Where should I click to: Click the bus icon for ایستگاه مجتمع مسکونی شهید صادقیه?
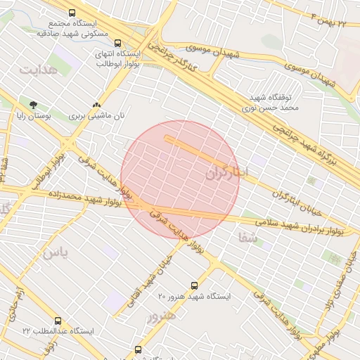click(72, 13)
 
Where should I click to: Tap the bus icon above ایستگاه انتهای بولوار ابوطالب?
click(117, 41)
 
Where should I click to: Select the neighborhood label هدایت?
click(37, 71)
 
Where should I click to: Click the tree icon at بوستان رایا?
click(34, 104)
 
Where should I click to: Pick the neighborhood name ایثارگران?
click(226, 173)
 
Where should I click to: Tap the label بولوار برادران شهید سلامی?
click(303, 226)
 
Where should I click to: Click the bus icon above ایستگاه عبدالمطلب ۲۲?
click(58, 320)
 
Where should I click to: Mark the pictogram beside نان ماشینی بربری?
click(97, 105)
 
